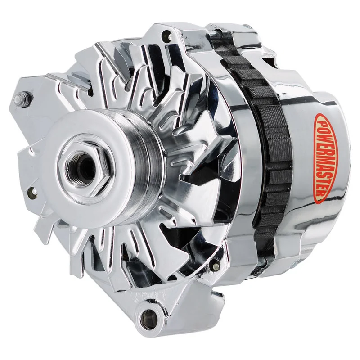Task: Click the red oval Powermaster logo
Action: click(x=323, y=158)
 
